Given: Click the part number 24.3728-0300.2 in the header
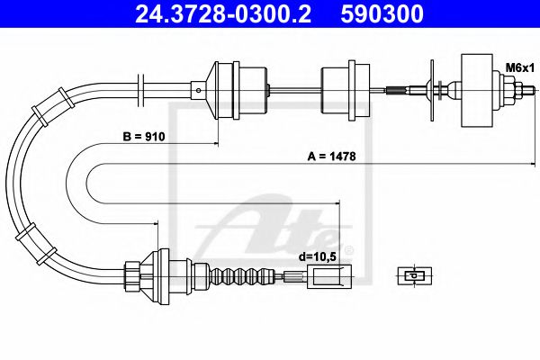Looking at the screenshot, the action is click(x=223, y=13).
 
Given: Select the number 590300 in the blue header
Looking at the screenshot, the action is click(x=382, y=13).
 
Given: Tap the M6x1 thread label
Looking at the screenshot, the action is click(x=519, y=67).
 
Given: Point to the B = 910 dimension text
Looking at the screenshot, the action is click(x=144, y=137).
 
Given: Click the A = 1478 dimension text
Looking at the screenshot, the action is click(x=331, y=157).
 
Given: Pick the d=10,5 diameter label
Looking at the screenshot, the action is click(x=317, y=256).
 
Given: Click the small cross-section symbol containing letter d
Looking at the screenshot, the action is click(x=415, y=275).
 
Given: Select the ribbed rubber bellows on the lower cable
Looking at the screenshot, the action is click(x=241, y=276).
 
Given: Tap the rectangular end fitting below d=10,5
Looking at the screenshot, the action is click(x=329, y=276).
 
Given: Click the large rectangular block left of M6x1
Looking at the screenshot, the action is click(x=477, y=91).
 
